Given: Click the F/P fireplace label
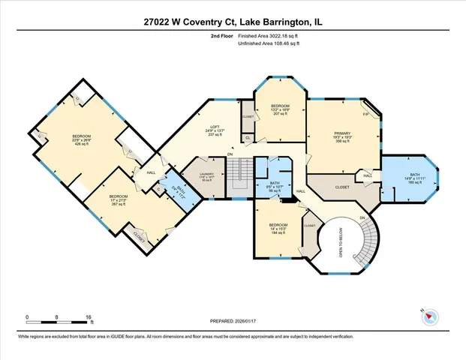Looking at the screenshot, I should coord(365,115).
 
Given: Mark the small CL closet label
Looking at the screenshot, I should coord(248,137).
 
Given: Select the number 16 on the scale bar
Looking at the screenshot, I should coord(89,317).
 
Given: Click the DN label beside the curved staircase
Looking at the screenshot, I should coord(363,218).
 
